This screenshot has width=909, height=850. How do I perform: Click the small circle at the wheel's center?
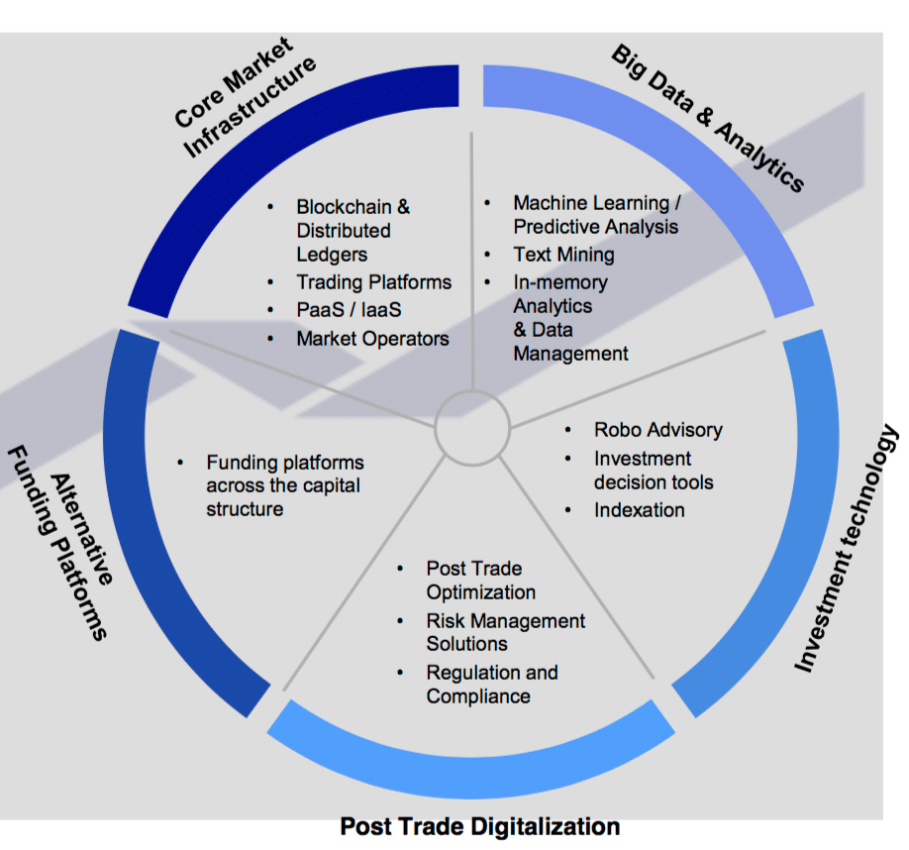click(472, 427)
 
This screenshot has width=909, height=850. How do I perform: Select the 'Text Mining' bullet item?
click(563, 255)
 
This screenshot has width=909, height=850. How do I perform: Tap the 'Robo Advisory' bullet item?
click(657, 430)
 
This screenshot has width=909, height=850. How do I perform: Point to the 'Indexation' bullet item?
click(639, 510)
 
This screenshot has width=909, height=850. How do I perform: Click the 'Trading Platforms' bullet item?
click(373, 282)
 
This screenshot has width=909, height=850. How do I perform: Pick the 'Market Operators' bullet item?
click(372, 339)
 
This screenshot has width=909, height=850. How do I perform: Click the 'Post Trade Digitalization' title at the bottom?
click(479, 826)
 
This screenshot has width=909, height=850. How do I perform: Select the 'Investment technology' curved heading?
click(848, 549)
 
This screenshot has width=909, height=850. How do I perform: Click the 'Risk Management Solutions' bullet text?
click(505, 632)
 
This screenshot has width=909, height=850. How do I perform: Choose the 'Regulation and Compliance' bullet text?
click(492, 685)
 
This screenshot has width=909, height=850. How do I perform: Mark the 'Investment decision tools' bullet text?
click(653, 471)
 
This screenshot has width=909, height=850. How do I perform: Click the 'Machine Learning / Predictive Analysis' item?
click(596, 215)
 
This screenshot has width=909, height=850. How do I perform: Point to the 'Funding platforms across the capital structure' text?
click(284, 485)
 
